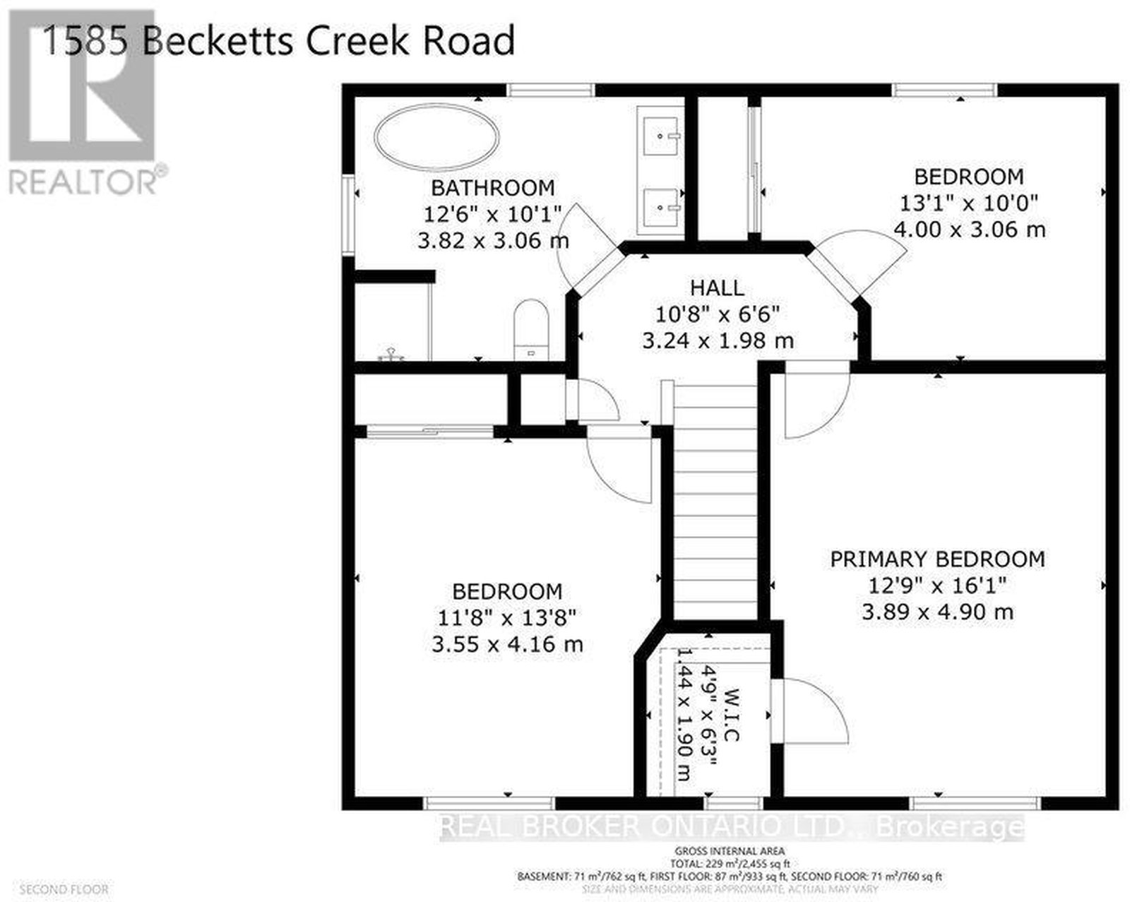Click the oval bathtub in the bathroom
tap(437, 142)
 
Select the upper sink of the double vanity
tap(661, 134)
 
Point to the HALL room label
tap(717, 287)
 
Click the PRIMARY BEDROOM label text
tap(937, 559)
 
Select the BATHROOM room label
tap(493, 188)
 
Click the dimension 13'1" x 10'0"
tap(968, 203)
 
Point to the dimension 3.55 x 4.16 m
tap(507, 644)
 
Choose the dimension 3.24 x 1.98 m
tap(718, 340)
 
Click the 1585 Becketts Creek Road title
tap(279, 40)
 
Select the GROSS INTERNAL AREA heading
tap(730, 850)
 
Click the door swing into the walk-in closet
tap(812, 710)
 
